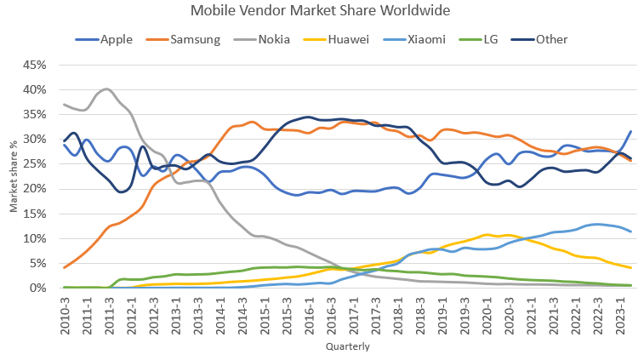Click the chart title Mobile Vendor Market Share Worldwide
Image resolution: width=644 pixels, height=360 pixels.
321,11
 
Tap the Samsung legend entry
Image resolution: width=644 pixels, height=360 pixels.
196,39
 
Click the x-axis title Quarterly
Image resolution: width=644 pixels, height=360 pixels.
347,347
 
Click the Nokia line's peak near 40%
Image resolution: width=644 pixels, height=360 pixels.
105,89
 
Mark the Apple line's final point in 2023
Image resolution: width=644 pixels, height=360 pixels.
630,131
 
